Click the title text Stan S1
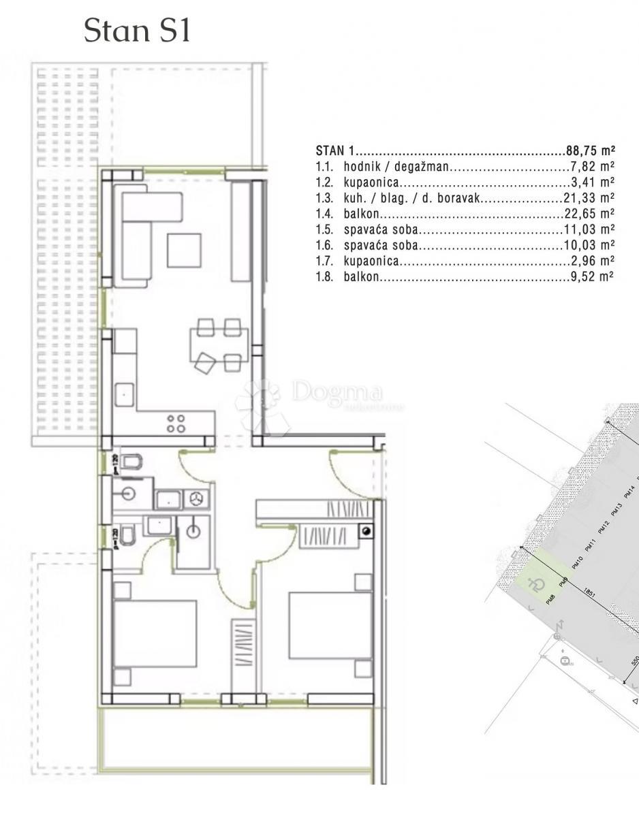[137, 32]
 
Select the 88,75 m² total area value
[590, 150]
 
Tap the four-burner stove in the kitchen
[176, 423]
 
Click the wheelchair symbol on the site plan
[537, 583]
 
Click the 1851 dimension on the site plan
[590, 594]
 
